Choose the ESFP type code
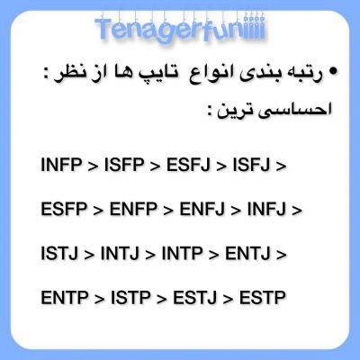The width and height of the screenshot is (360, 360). tap(64, 209)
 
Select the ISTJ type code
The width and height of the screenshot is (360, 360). tap(60, 253)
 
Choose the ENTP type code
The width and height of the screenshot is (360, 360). tap(64, 297)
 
